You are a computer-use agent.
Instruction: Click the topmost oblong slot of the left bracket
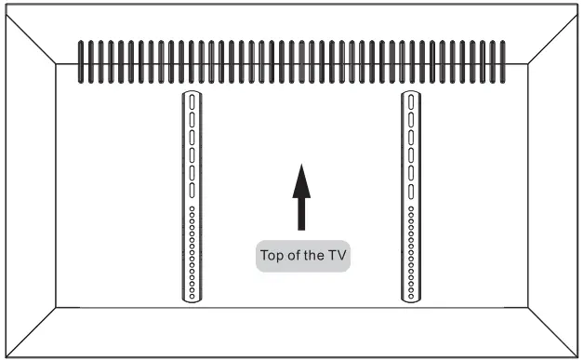click(192, 102)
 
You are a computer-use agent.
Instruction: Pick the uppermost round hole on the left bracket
click(192, 207)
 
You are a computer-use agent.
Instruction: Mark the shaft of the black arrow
click(300, 214)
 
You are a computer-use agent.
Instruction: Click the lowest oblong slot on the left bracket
click(192, 191)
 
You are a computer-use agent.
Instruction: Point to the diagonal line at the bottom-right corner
click(552, 332)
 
